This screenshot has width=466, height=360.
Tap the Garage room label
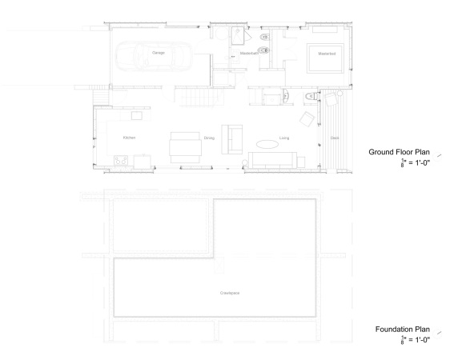pyautogui.click(x=159, y=54)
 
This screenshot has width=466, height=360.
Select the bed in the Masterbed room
pyautogui.click(x=327, y=58)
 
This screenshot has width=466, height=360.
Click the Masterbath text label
pyautogui.click(x=249, y=54)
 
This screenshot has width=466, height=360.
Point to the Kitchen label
pyautogui.click(x=129, y=138)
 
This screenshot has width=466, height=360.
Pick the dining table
pyautogui.click(x=184, y=146)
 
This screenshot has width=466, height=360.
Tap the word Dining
pyautogui.click(x=209, y=138)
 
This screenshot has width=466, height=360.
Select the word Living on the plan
pyautogui.click(x=284, y=138)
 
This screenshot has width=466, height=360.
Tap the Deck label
pyautogui.click(x=335, y=138)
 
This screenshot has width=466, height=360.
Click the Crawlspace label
pyautogui.click(x=231, y=294)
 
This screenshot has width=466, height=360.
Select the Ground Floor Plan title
pyautogui.click(x=398, y=152)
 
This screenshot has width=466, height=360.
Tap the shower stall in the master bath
pyautogui.click(x=237, y=35)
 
